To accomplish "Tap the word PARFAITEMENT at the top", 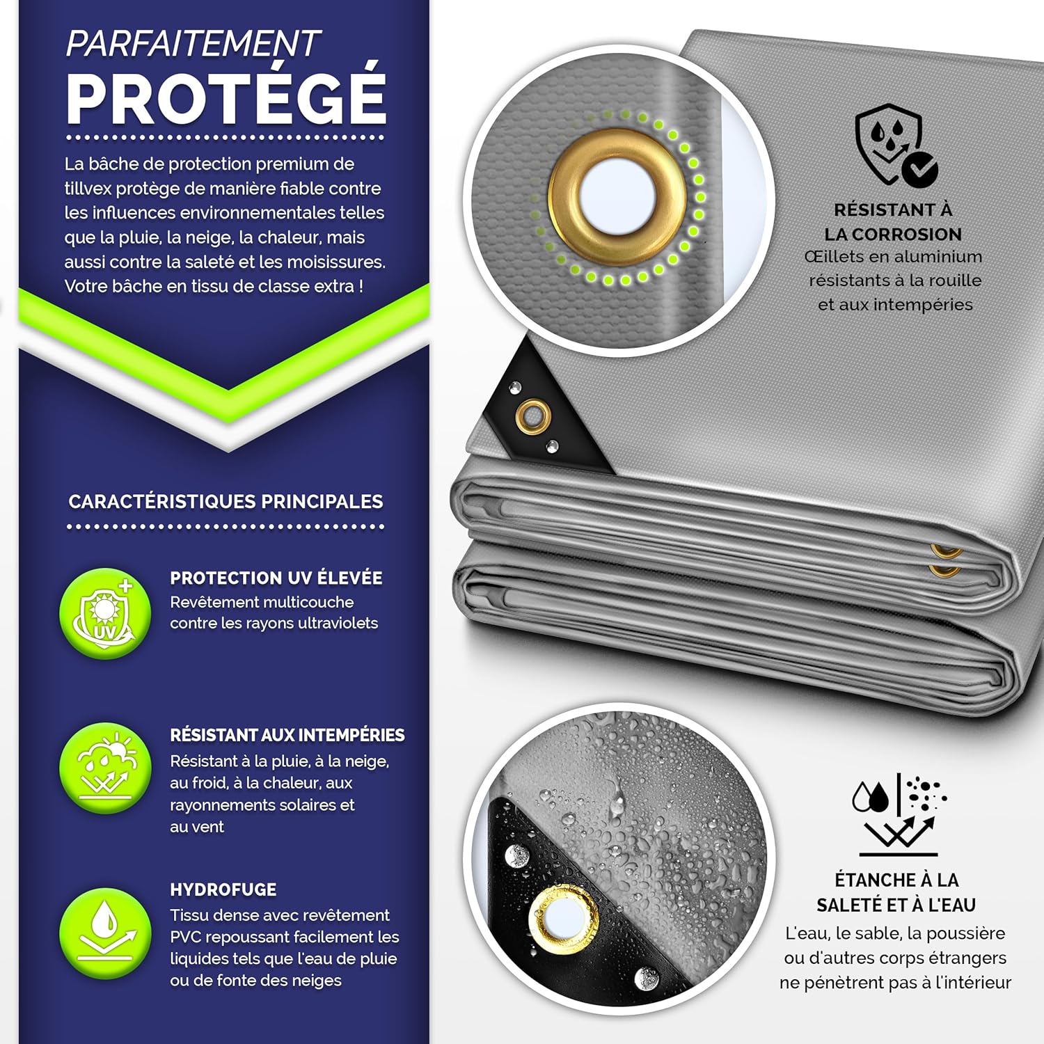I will [192, 43].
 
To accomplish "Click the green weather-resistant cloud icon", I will [105, 768].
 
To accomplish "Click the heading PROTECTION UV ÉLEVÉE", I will [276, 578].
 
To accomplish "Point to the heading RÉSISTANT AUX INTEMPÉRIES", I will [287, 735].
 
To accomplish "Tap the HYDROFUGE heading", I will [223, 889].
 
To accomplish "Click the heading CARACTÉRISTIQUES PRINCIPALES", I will [226, 502].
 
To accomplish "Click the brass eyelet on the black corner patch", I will [533, 417].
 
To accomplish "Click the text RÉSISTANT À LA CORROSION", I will [893, 222].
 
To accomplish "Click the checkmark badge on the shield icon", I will [919, 168].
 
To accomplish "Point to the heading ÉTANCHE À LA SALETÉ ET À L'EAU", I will [896, 892].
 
